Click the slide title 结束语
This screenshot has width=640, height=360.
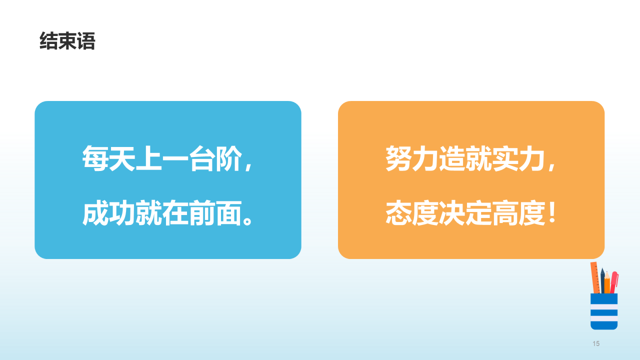tap(67, 41)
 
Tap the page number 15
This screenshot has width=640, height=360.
tap(595, 343)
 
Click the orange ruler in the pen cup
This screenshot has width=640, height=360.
tap(595, 278)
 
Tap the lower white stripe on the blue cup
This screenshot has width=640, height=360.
tap(604, 318)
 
